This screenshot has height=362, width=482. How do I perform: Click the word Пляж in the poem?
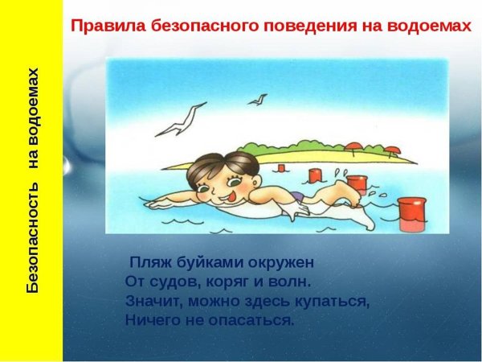pos(149,263)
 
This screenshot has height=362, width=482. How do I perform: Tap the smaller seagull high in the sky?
pos(258,100)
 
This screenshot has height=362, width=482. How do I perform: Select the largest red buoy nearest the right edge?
pos(413,210)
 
